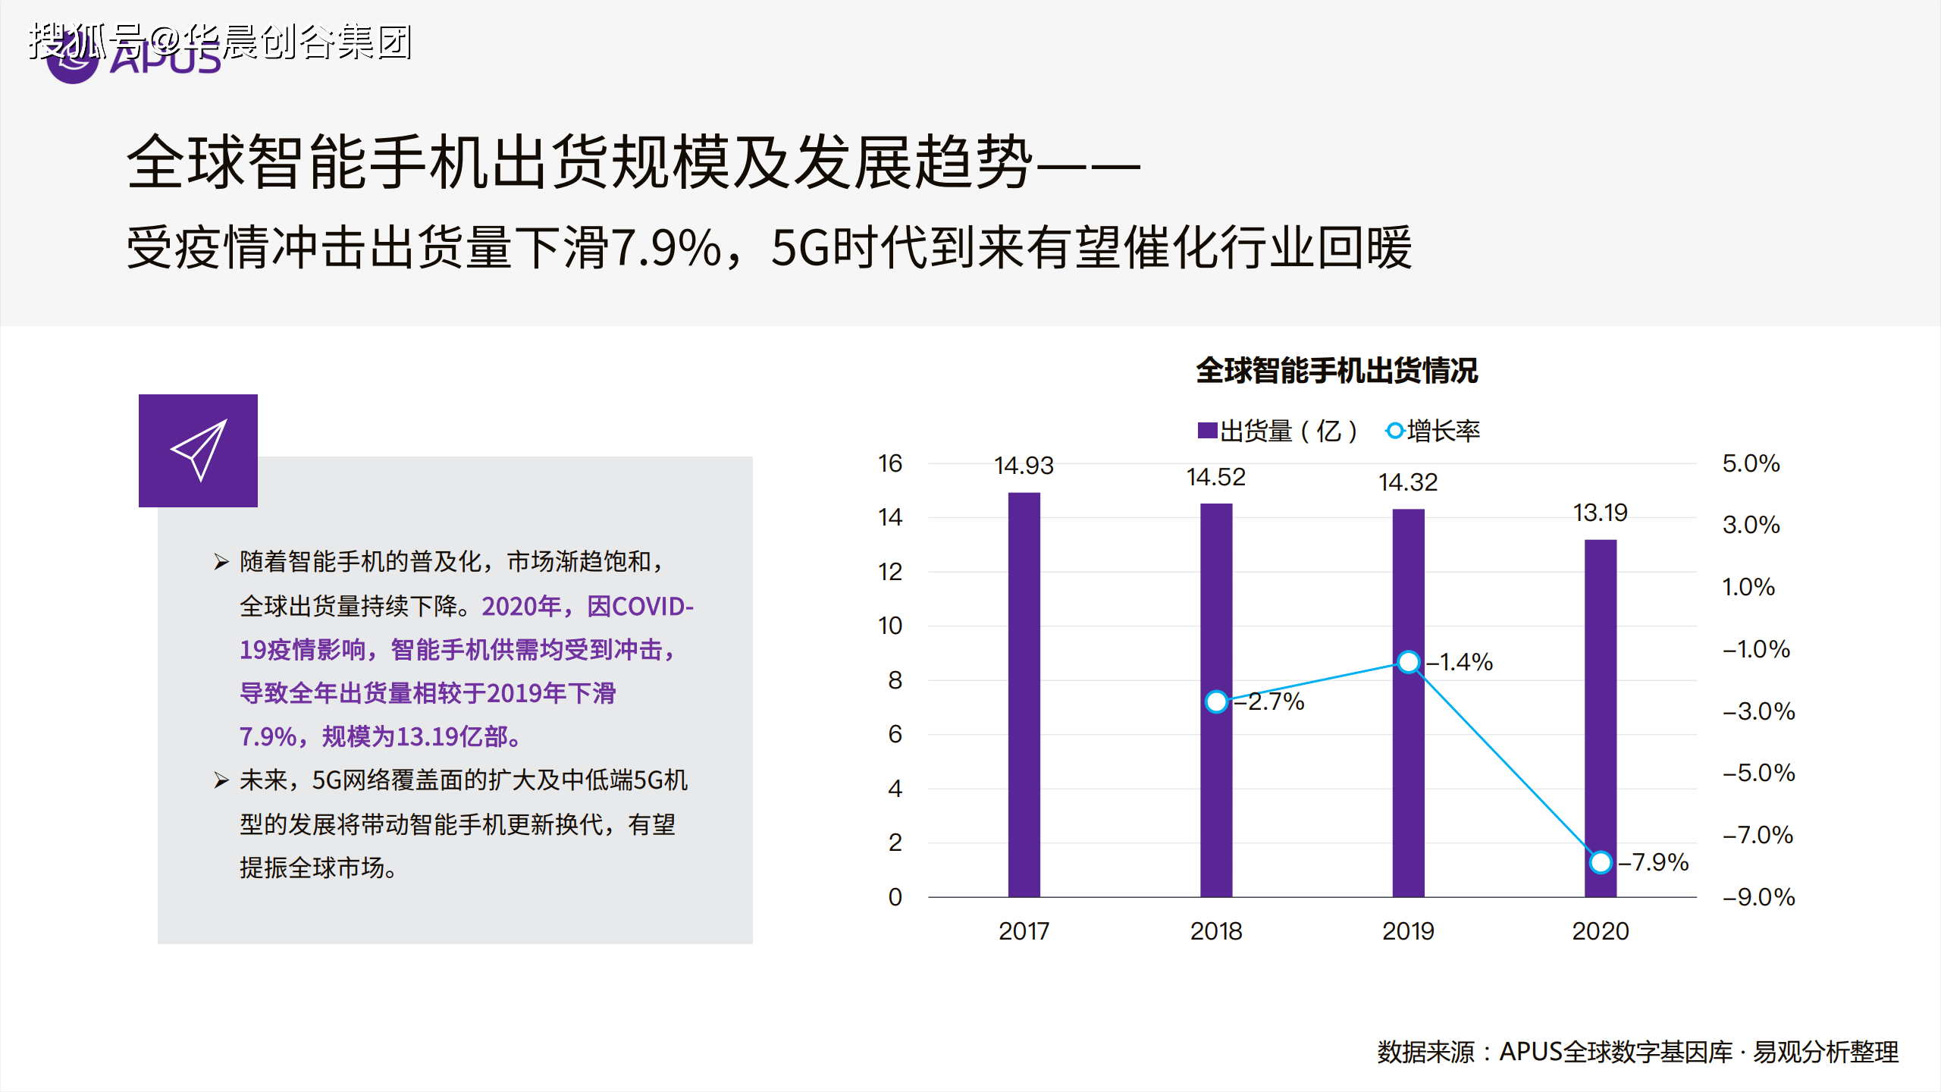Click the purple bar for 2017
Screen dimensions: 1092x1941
tap(1024, 694)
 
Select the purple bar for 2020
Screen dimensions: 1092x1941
tap(1600, 717)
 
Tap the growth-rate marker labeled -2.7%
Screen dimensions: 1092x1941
tap(1216, 701)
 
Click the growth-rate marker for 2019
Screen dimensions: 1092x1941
tap(1408, 662)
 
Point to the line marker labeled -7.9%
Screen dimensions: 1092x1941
tap(1600, 862)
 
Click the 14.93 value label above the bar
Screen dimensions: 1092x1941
tap(1024, 466)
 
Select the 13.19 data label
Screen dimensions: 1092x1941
tap(1600, 513)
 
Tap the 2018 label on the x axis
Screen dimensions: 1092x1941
tap(1216, 931)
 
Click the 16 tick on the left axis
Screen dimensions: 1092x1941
tap(890, 463)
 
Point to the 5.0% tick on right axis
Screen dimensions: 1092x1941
tap(1751, 463)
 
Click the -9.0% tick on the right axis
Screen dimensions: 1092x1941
tap(1758, 897)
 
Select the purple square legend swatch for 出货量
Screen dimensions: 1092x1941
tap(1207, 431)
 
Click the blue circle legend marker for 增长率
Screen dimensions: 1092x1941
tap(1394, 431)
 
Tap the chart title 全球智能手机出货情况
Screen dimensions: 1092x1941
tap(1337, 371)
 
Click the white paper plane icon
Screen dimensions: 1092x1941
tap(199, 450)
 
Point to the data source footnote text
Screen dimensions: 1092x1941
tap(1638, 1052)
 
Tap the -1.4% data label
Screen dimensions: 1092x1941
tap(1460, 662)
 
